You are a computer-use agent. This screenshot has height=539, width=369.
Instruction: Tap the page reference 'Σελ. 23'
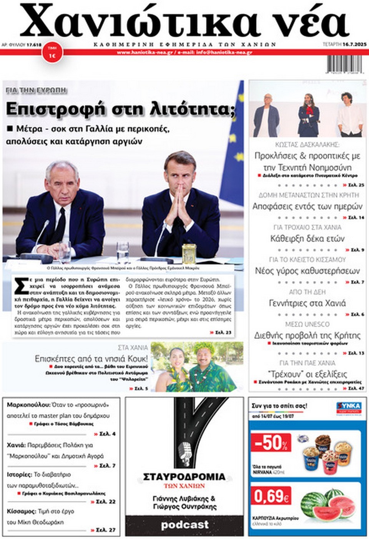(221, 332)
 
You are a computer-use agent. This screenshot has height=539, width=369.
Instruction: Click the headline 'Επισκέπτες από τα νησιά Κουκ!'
(91, 359)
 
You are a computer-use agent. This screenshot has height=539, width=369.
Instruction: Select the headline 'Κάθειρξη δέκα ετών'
(307, 239)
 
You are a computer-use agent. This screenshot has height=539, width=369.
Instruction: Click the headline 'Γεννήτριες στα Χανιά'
(307, 303)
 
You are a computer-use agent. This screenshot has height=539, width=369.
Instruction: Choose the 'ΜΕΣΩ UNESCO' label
(307, 324)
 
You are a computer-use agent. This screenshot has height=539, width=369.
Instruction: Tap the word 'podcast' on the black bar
(184, 525)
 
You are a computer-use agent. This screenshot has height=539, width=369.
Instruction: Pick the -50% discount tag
(271, 443)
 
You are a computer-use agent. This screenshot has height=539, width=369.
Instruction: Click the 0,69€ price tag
(271, 496)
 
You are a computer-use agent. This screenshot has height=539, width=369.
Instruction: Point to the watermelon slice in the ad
(338, 507)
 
